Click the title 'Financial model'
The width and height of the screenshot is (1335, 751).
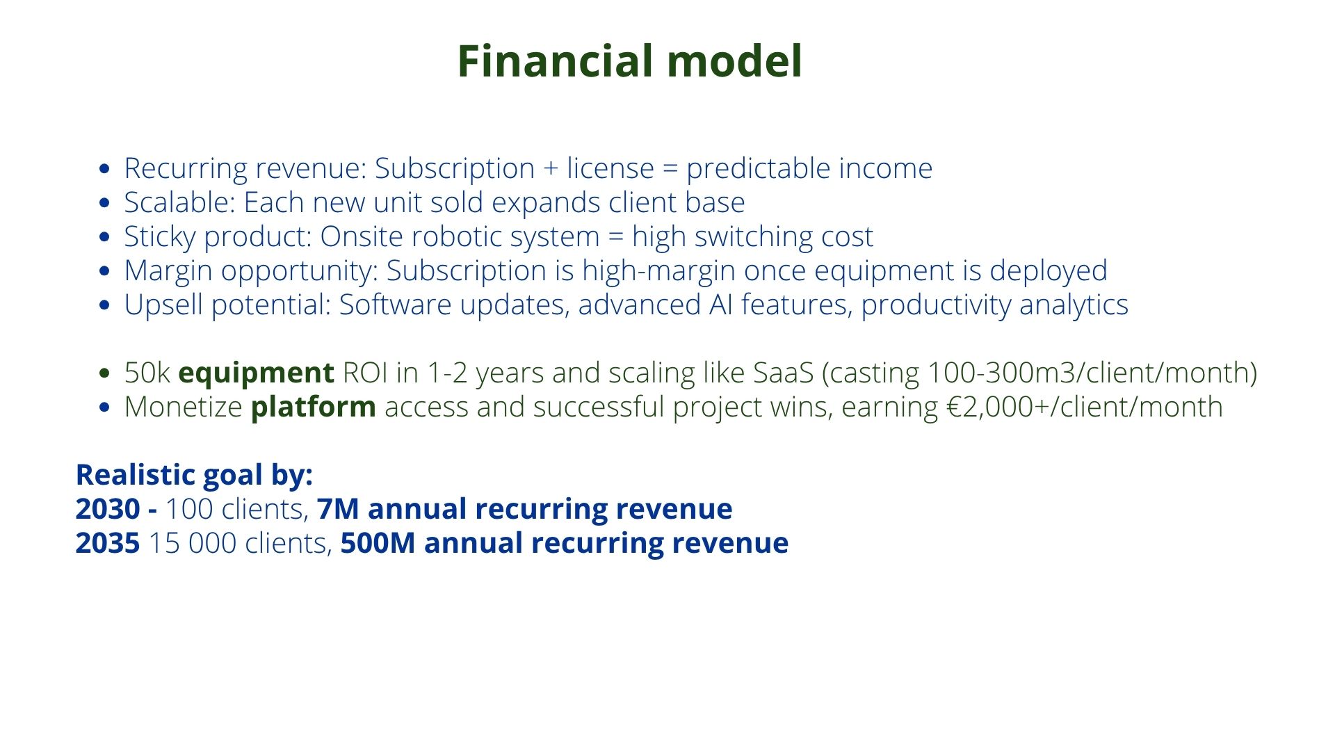[x=630, y=61]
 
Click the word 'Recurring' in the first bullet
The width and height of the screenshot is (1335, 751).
[x=186, y=169]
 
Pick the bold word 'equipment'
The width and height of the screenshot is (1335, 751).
[x=257, y=373]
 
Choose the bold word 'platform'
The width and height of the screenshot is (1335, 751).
[x=314, y=407]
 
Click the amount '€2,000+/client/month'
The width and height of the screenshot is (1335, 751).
[x=1085, y=407]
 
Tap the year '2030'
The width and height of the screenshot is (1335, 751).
[x=108, y=509]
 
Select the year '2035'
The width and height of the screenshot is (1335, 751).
[x=108, y=543]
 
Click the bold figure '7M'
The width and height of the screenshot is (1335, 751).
[x=338, y=509]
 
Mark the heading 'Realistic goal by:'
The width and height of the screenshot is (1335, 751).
[x=195, y=476]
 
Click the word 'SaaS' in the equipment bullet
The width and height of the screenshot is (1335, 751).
[x=784, y=373]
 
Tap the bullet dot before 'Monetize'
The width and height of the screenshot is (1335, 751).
[x=105, y=407]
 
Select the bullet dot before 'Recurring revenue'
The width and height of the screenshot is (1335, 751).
[x=105, y=169]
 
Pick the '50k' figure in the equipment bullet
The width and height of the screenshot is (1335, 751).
[x=147, y=373]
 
